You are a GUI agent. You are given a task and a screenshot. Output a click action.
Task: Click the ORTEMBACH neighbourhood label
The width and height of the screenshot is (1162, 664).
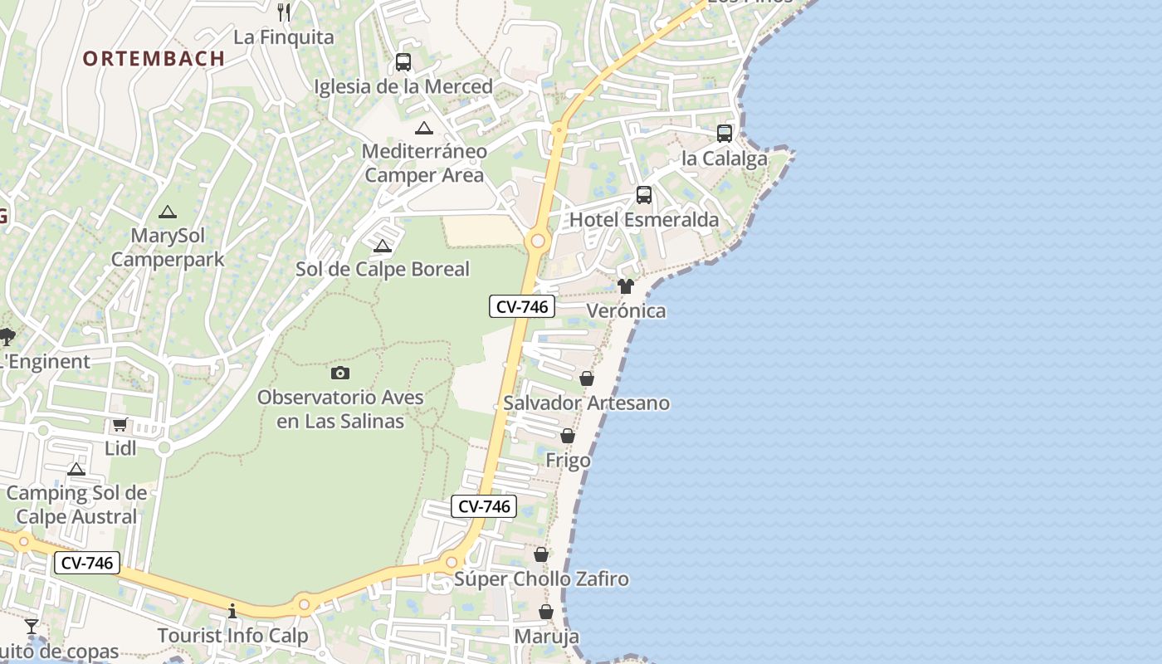click(154, 58)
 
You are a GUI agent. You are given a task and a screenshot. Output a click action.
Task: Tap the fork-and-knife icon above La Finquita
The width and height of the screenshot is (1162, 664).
click(284, 11)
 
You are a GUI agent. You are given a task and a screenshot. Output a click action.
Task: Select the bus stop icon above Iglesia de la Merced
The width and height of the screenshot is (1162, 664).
click(403, 61)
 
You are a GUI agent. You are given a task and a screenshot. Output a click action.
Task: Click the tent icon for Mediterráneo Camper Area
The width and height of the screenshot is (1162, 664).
click(424, 128)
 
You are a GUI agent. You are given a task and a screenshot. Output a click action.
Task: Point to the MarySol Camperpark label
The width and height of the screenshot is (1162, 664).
click(168, 248)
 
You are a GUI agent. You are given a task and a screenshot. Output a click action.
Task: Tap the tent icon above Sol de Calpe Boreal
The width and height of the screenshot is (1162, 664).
click(382, 246)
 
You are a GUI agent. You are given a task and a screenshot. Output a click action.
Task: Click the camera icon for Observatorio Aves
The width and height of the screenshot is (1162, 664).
click(340, 373)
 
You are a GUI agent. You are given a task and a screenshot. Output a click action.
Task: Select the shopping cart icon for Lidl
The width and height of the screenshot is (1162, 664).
click(120, 425)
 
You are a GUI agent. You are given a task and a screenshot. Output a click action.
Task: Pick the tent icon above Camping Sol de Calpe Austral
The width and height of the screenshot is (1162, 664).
click(76, 470)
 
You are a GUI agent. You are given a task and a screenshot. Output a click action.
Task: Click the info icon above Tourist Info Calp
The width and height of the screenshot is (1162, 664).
click(232, 612)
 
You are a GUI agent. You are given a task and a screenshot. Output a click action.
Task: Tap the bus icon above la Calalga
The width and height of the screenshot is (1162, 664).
click(725, 133)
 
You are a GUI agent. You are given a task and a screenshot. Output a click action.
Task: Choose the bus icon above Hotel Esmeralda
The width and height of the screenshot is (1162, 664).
click(644, 195)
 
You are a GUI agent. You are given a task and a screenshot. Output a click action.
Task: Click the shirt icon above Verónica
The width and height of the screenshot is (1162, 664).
click(626, 286)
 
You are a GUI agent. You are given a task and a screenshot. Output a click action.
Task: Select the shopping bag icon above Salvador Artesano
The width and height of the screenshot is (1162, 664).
click(587, 378)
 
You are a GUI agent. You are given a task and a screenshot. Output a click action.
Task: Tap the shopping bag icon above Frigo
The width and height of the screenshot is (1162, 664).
click(568, 436)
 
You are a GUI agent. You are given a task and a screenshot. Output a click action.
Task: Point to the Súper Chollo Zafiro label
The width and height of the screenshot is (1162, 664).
click(541, 579)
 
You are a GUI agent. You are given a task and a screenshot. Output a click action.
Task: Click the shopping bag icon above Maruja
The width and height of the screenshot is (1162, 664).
click(546, 612)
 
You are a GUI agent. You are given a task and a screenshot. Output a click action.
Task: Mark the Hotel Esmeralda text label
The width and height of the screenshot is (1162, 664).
click(644, 220)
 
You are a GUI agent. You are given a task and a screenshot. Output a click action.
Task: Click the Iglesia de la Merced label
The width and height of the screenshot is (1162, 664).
click(403, 86)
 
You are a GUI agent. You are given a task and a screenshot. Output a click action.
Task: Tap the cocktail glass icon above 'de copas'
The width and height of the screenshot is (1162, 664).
click(32, 626)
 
